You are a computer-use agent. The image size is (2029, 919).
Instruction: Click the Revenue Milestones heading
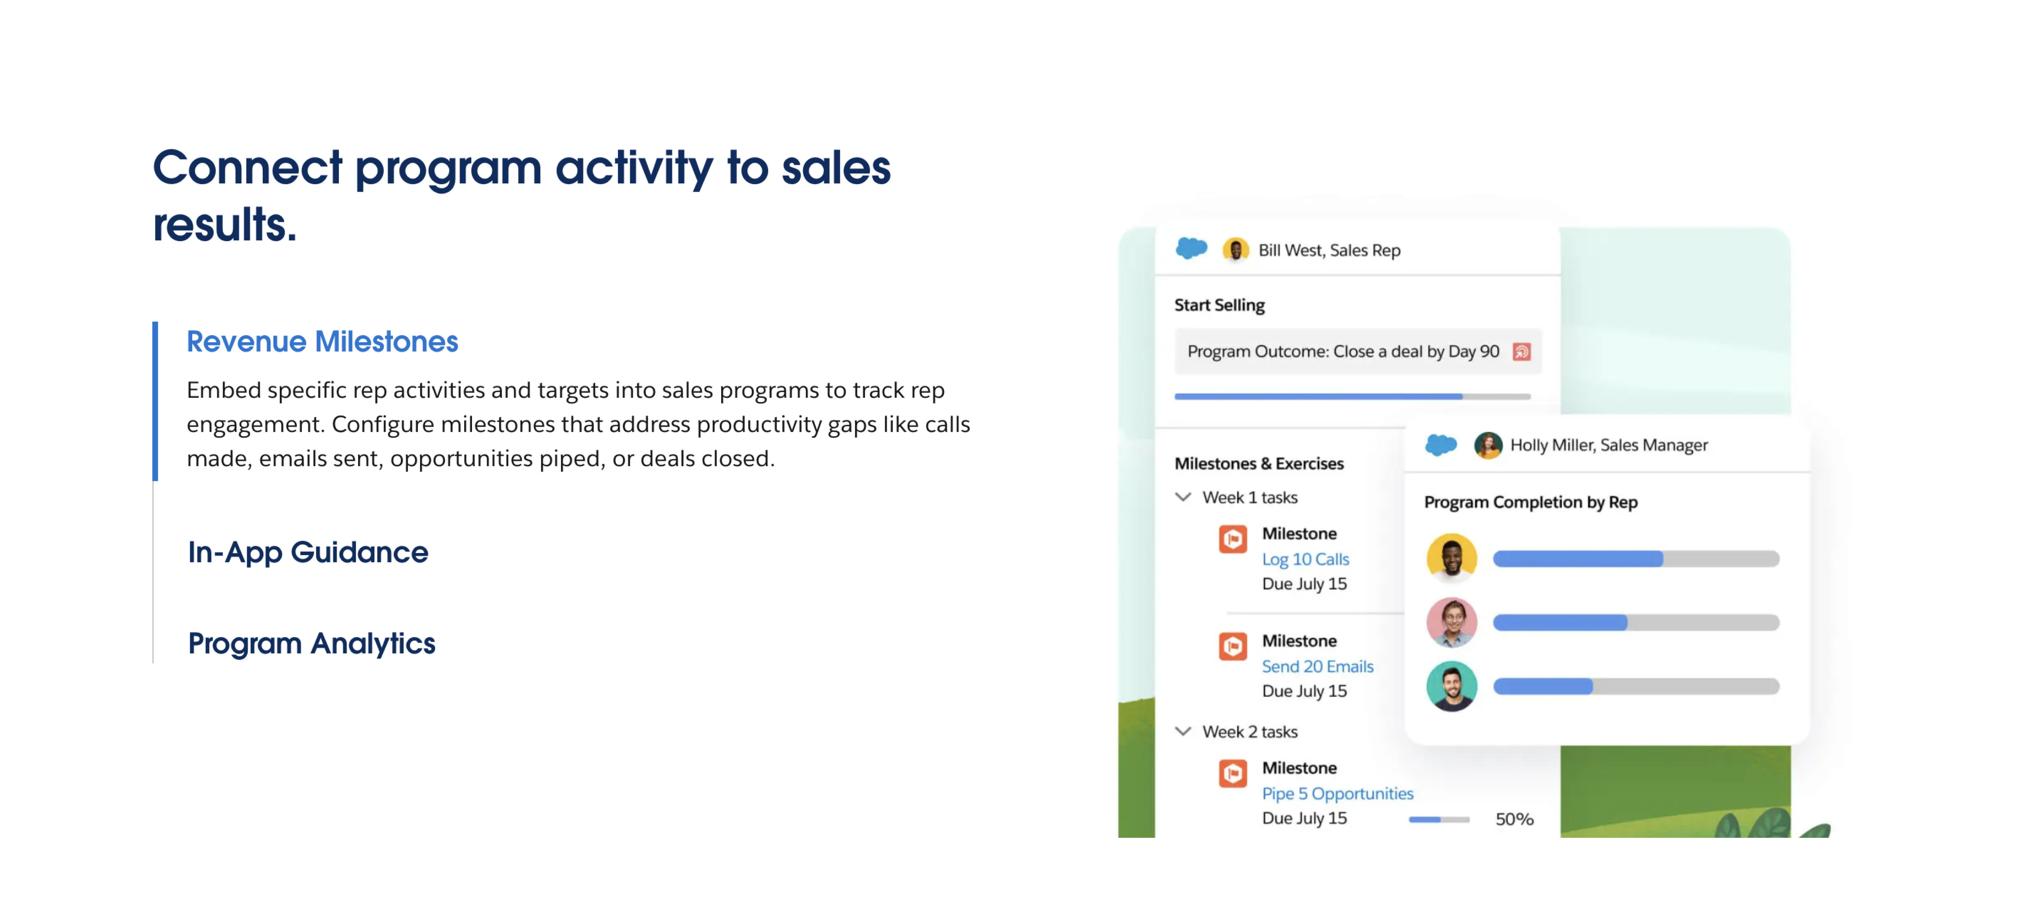[322, 342]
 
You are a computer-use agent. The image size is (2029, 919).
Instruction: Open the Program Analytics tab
[311, 643]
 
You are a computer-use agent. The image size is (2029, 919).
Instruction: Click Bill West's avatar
[1235, 250]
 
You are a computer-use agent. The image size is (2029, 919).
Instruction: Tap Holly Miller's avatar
[1488, 445]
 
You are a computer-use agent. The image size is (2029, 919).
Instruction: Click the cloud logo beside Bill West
[1191, 249]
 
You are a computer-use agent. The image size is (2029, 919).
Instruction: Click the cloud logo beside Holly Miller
[1441, 445]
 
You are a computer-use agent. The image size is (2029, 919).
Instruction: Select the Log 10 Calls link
[1305, 559]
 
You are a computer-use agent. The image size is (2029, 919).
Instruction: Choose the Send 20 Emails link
[1318, 666]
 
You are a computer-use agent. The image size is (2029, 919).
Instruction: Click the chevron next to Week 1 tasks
[1183, 497]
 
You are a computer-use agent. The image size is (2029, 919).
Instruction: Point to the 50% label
[1514, 819]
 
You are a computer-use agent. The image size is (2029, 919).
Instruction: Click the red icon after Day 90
[1522, 351]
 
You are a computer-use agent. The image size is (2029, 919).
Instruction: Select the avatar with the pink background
[1452, 622]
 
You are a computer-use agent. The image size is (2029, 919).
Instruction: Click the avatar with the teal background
[1452, 686]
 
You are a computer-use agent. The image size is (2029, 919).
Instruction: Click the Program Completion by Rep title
[1531, 502]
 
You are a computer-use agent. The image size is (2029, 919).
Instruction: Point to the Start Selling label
[1219, 306]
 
